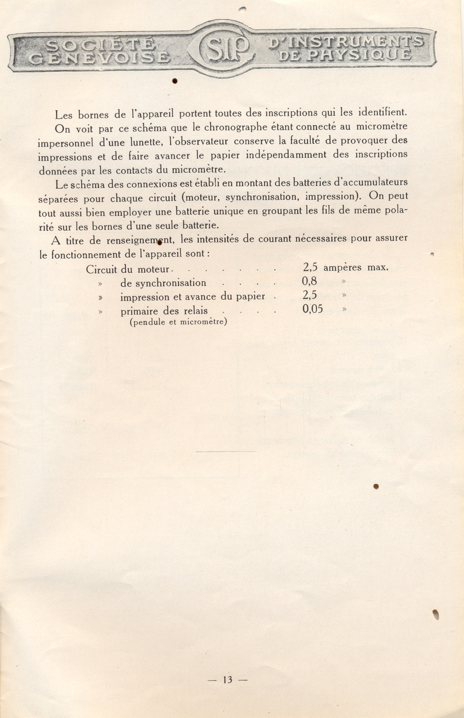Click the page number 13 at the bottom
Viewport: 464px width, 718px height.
point(228,680)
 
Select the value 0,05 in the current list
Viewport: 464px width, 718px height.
point(312,309)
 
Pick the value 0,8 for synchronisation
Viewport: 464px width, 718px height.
point(309,281)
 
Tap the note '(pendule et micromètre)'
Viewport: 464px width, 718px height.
point(178,322)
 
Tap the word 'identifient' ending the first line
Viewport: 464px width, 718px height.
point(382,112)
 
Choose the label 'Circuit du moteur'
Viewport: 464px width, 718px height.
point(128,269)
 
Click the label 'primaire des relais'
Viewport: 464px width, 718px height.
point(164,311)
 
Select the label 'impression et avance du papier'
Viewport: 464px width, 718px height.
point(192,296)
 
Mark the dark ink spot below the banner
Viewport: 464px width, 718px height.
point(175,81)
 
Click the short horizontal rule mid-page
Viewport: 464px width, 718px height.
point(226,452)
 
